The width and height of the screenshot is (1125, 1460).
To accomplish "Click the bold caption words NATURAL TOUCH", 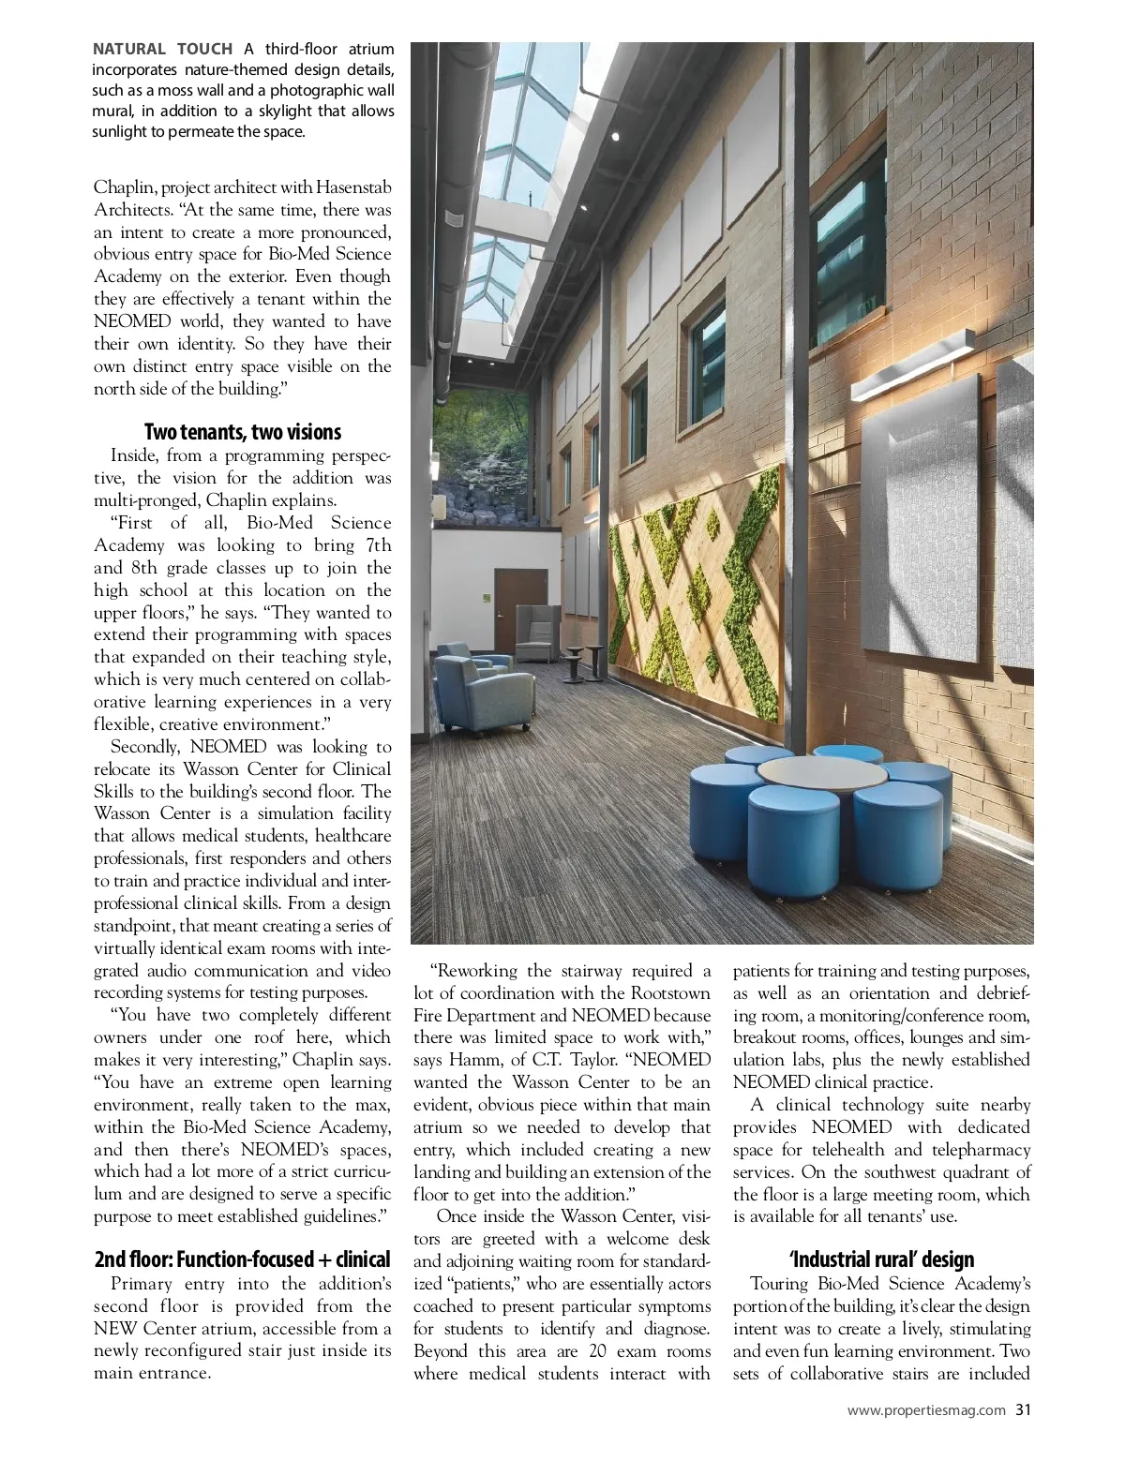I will point(162,49).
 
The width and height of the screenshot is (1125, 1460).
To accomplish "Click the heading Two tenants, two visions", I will point(242,432).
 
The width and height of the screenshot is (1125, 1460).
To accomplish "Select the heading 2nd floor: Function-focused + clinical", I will point(242,1259).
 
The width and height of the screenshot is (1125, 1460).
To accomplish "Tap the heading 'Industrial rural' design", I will point(881,1259).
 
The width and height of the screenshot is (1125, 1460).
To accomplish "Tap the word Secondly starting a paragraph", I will point(146,747).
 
